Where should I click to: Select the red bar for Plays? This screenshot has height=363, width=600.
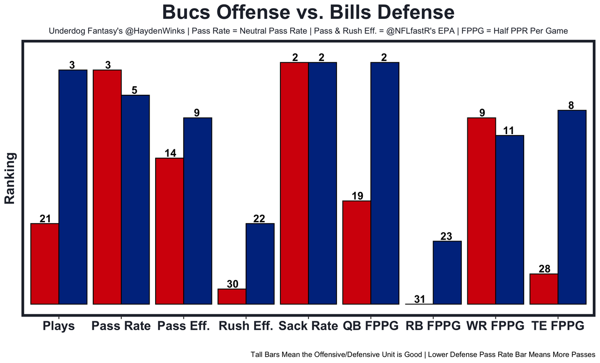pyautogui.click(x=45, y=264)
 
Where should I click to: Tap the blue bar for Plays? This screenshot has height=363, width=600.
pyautogui.click(x=73, y=187)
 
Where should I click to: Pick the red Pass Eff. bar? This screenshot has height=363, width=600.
pyautogui.click(x=170, y=231)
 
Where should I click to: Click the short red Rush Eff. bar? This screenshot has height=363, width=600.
pyautogui.click(x=232, y=296)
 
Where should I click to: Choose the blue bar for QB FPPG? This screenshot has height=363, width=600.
pyautogui.click(x=385, y=183)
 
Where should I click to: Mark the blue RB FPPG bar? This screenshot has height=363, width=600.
pyautogui.click(x=447, y=272)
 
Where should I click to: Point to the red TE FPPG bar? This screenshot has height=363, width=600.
pyautogui.click(x=544, y=289)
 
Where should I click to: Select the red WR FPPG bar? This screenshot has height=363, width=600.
pyautogui.click(x=481, y=211)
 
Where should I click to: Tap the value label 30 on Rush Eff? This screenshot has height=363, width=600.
pyautogui.click(x=232, y=284)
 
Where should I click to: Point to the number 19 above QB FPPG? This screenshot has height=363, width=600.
pyautogui.click(x=357, y=196)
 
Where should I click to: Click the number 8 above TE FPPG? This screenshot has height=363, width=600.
pyautogui.click(x=571, y=106)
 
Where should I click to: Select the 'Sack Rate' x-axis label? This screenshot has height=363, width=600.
pyautogui.click(x=308, y=326)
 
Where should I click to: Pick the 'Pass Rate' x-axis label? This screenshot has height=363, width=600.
pyautogui.click(x=121, y=326)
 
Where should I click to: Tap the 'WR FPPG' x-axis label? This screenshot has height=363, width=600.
pyautogui.click(x=495, y=326)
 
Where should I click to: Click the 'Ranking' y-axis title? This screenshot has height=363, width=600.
pyautogui.click(x=10, y=178)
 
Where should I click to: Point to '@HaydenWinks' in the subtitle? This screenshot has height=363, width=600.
pyautogui.click(x=153, y=31)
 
